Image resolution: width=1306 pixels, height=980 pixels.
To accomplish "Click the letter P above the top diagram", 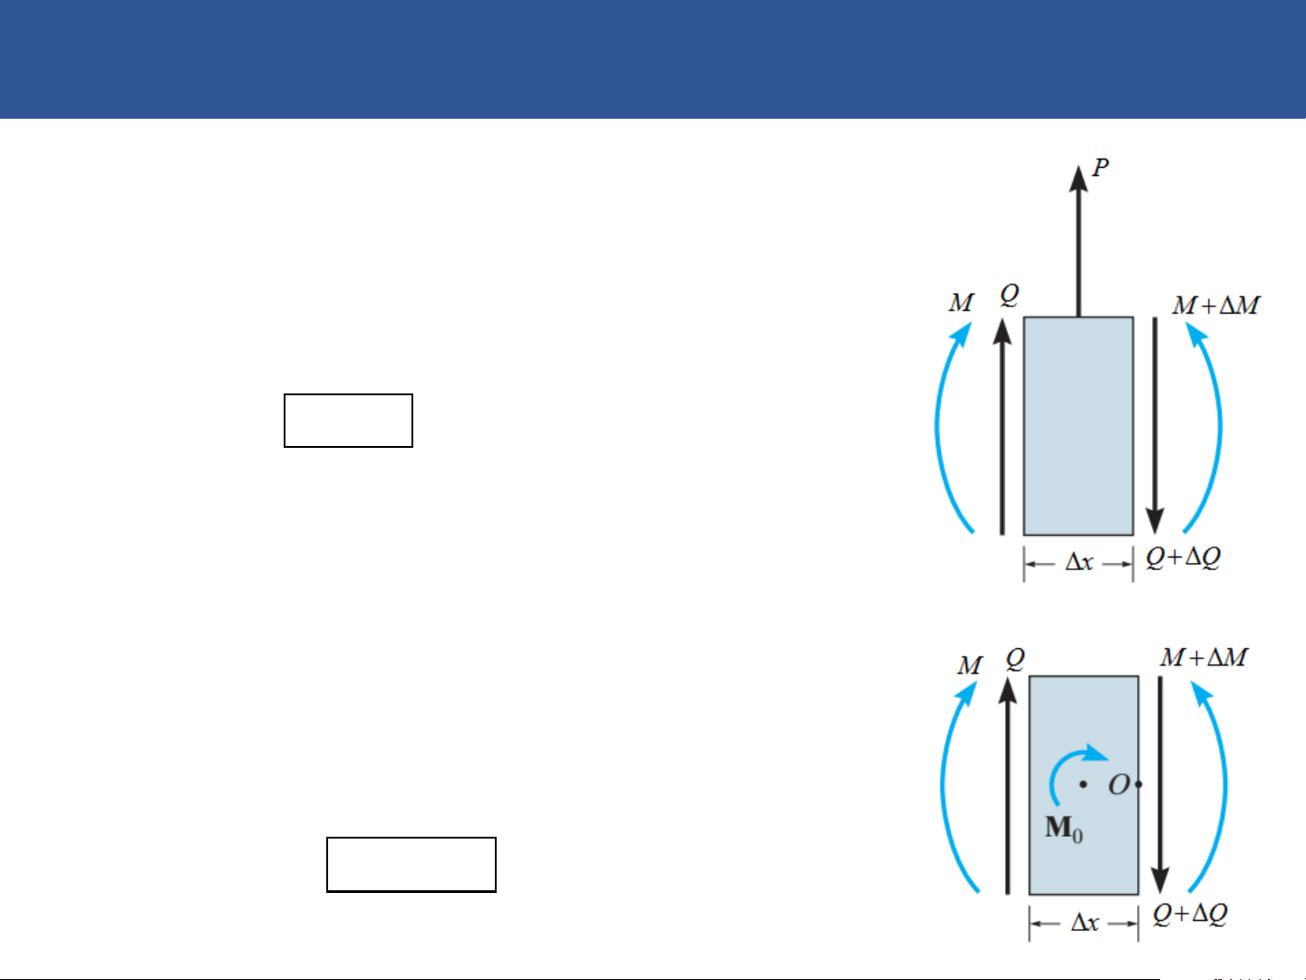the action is (1101, 168).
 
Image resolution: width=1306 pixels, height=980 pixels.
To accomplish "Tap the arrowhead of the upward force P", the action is (1079, 179).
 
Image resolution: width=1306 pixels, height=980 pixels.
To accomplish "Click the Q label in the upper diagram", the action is (1010, 296).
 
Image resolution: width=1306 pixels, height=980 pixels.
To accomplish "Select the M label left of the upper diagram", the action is (962, 303).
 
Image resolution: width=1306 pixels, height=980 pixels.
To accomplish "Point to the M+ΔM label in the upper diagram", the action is (1216, 306).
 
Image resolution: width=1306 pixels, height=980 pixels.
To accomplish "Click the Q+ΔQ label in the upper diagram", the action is (1184, 558).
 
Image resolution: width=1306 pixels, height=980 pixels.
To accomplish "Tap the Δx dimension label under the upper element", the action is (1079, 562).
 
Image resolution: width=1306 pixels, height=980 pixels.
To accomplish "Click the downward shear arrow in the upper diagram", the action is (1155, 425).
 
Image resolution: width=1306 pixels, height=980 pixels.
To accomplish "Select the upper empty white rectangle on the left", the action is (349, 421).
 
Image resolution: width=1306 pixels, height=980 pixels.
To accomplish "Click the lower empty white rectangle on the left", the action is (411, 865).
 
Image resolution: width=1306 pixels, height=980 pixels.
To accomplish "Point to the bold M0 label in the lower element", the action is (1064, 829).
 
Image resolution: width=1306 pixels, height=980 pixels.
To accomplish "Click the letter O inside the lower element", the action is (1118, 785).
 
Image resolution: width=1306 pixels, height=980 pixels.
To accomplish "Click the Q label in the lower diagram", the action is (1016, 659).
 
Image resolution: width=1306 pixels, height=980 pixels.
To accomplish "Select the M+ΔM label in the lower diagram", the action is (1204, 657).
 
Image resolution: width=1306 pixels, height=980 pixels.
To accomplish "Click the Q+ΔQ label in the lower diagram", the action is (1190, 914).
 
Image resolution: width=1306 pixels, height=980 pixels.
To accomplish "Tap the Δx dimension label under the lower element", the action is (1085, 923).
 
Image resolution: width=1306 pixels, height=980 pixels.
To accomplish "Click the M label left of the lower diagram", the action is (970, 665).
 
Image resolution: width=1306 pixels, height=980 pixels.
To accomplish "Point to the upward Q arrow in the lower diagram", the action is (1007, 785).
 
